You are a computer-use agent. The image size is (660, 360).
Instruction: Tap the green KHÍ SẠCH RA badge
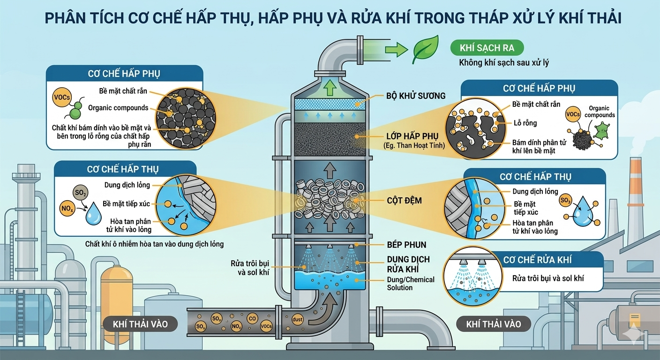487,48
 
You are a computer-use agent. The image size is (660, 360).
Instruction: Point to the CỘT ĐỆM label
404,201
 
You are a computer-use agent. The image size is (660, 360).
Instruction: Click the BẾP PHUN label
407,244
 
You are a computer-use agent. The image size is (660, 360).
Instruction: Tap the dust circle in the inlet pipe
297,319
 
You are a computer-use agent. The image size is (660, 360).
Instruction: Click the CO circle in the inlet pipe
252,319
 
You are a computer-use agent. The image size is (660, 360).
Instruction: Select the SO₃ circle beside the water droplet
566,201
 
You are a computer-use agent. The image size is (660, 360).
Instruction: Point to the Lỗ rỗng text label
525,123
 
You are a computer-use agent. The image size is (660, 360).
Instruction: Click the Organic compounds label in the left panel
118,108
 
